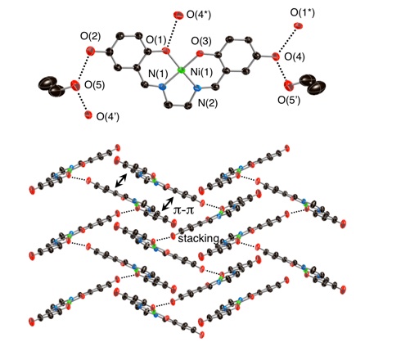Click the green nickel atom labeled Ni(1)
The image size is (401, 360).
tap(180, 70)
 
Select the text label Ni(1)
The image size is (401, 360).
tap(201, 72)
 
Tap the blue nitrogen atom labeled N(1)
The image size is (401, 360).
tap(162, 87)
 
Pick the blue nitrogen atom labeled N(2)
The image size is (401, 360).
tap(197, 88)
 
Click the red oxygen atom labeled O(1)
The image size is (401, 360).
tap(165, 51)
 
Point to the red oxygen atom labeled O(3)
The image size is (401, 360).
tap(200, 54)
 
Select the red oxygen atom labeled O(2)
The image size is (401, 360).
tap(90, 51)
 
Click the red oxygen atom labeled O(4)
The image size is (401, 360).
tap(276, 56)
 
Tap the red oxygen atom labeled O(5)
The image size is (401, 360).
tap(74, 85)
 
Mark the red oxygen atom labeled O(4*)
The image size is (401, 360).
tap(178, 16)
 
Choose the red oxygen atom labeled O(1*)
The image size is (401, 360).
tap(298, 26)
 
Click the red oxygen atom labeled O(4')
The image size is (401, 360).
tap(88, 115)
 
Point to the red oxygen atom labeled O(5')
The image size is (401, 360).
tap(288, 85)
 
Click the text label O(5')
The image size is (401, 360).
tap(289, 101)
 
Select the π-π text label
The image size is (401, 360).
tap(183, 210)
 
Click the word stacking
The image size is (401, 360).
tap(198, 239)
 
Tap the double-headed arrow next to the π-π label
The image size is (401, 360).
tap(167, 204)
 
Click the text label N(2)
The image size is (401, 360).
tap(208, 103)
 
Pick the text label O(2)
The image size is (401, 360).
tap(90, 36)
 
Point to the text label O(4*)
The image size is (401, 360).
tap(199, 15)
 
